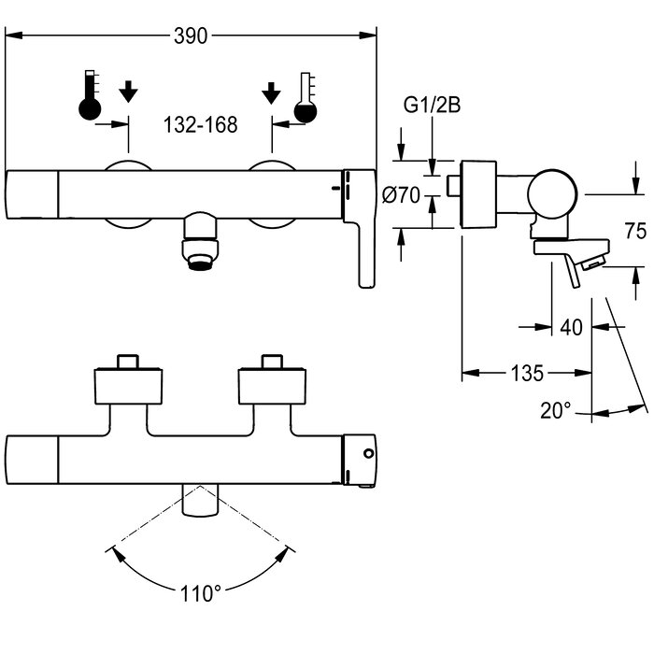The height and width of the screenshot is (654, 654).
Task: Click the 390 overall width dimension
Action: [191, 36]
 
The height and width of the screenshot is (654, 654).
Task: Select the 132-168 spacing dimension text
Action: [201, 124]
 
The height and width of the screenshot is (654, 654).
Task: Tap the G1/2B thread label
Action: [432, 105]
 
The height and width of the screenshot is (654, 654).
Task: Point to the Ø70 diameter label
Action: [401, 194]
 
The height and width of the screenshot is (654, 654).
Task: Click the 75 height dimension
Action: [635, 231]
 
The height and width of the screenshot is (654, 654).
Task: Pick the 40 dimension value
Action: [571, 327]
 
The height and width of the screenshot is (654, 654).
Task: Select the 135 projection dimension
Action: [527, 373]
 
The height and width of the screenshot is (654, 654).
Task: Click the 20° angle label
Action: [556, 410]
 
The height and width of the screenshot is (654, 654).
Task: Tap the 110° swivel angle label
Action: [200, 593]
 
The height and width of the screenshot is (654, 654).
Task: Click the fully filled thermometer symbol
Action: [90, 95]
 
